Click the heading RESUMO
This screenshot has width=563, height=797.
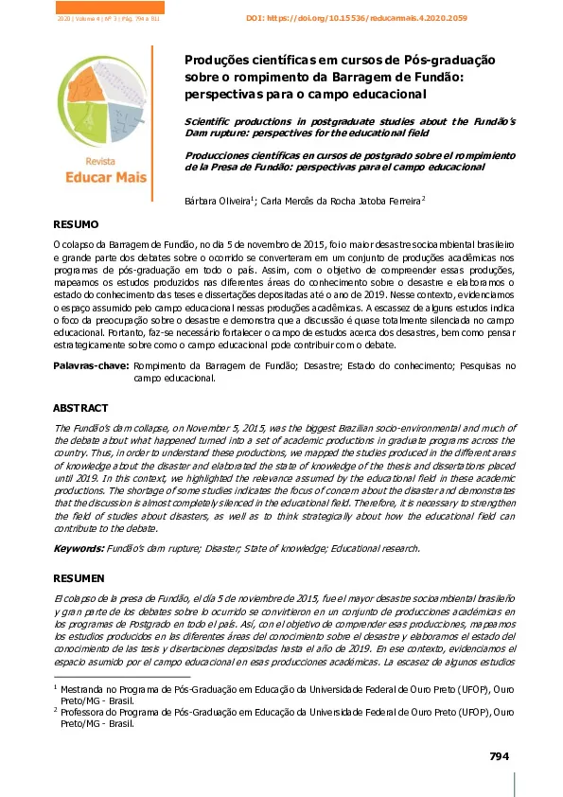point(75,224)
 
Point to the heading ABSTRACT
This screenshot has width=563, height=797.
point(79,407)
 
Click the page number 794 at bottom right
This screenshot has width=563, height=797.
point(499,755)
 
